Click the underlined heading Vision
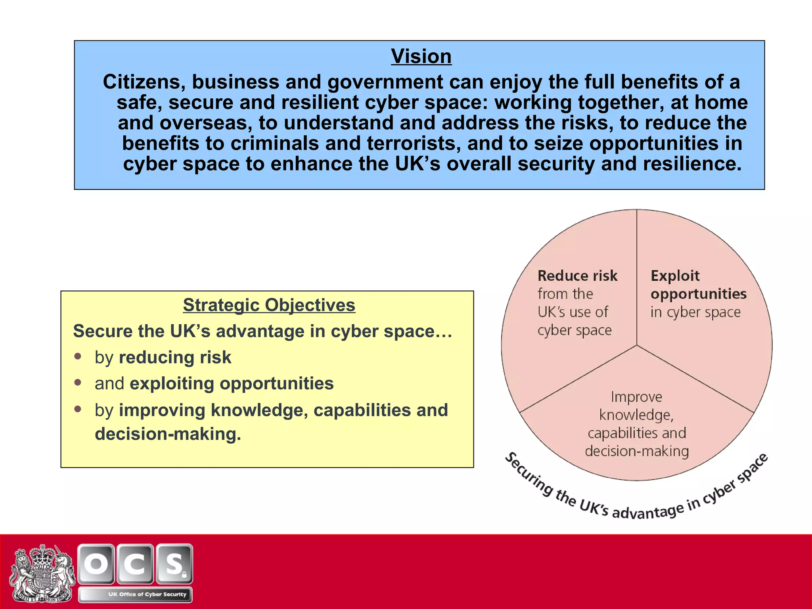(421, 56)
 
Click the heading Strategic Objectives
(269, 305)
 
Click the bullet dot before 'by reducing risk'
(78, 356)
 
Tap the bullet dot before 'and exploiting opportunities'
(78, 382)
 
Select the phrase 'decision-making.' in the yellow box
(168, 434)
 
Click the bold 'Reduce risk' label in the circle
(577, 276)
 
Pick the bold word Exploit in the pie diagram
(675, 276)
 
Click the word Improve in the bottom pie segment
(636, 397)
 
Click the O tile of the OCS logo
(96, 564)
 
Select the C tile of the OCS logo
(135, 564)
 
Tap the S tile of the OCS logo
(174, 564)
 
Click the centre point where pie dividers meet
(637, 345)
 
